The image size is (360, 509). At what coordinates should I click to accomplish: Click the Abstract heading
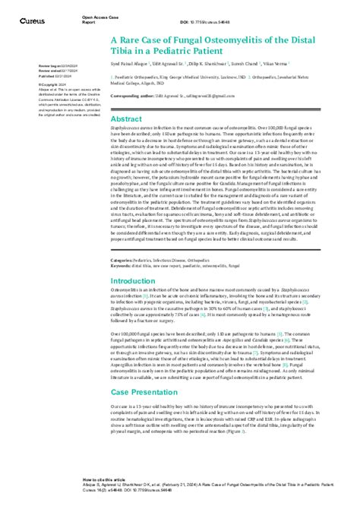pyautogui.click(x=127, y=119)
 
